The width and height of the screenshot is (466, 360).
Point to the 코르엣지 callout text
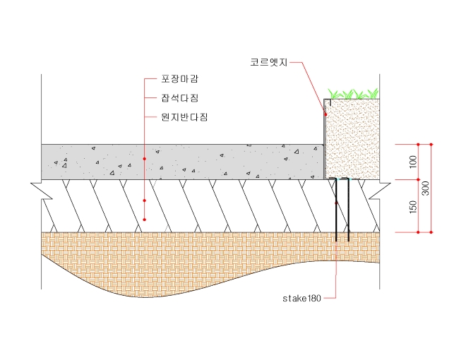coord(268,63)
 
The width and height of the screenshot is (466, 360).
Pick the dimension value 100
coord(413,162)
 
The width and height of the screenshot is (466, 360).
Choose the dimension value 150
coord(413,206)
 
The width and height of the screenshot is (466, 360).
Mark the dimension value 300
coord(425,188)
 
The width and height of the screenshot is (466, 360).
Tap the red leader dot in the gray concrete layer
coord(144,160)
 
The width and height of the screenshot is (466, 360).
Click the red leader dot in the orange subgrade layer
coord(144,220)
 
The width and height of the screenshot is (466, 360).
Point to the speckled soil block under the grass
coord(353,138)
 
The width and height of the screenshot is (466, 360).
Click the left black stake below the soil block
coord(337,211)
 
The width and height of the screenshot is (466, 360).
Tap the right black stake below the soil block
coord(347,211)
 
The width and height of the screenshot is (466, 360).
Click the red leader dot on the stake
coord(337,204)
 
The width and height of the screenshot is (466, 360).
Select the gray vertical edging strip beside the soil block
coord(325,145)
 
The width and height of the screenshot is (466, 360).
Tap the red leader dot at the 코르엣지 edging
coord(325,114)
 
